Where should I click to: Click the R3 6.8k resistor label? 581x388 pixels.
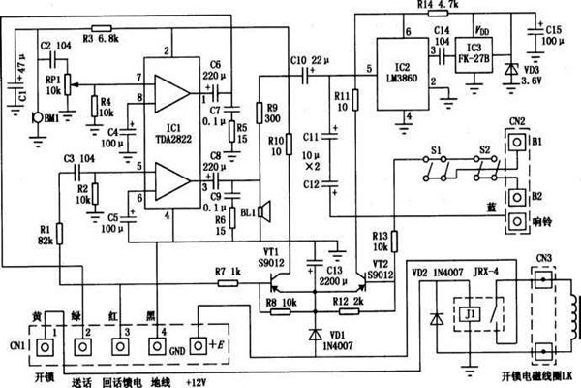tap(101, 39)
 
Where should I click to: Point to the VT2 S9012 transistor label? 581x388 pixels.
tap(379, 266)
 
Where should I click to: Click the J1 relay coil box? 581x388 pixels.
tap(469, 314)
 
